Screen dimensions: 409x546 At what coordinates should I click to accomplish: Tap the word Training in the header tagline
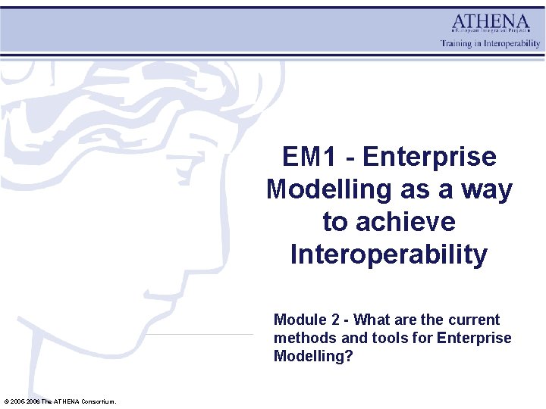pyautogui.click(x=457, y=44)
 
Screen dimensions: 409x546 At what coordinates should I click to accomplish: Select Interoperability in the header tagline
pyautogui.click(x=513, y=44)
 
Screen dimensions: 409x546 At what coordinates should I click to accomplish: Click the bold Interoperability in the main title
pyautogui.click(x=389, y=254)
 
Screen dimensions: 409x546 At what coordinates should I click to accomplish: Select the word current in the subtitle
pyautogui.click(x=474, y=320)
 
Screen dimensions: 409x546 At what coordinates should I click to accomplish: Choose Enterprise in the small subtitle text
pyautogui.click(x=474, y=338)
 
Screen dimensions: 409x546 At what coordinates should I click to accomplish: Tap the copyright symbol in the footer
pyautogui.click(x=6, y=401)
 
